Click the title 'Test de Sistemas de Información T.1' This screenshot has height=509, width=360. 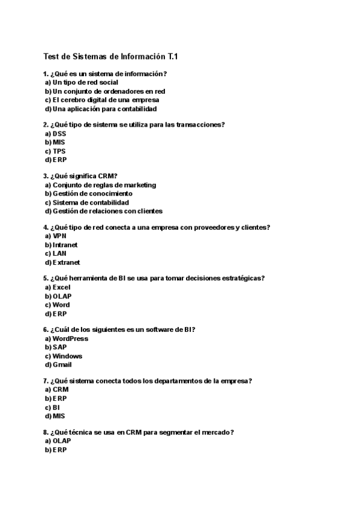(111, 56)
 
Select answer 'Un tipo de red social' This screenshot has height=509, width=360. (85, 82)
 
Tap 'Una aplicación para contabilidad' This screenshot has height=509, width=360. (104, 109)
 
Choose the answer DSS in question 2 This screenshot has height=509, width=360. (59, 134)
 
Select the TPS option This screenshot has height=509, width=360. (59, 151)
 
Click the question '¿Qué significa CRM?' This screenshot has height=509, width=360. (84, 176)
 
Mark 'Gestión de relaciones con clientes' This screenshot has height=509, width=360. (107, 211)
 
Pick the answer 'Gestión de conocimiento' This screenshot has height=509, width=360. (92, 194)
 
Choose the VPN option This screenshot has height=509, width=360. (59, 236)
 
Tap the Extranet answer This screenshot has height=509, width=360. (66, 262)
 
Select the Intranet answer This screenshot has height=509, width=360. (65, 245)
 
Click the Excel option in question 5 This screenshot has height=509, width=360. (61, 288)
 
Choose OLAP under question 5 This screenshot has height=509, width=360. (62, 296)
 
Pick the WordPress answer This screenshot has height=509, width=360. (70, 339)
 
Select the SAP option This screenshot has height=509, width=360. (59, 347)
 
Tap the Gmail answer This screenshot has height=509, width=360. (62, 364)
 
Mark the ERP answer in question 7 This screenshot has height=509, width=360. (59, 398)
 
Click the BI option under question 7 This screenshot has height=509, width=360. (56, 407)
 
